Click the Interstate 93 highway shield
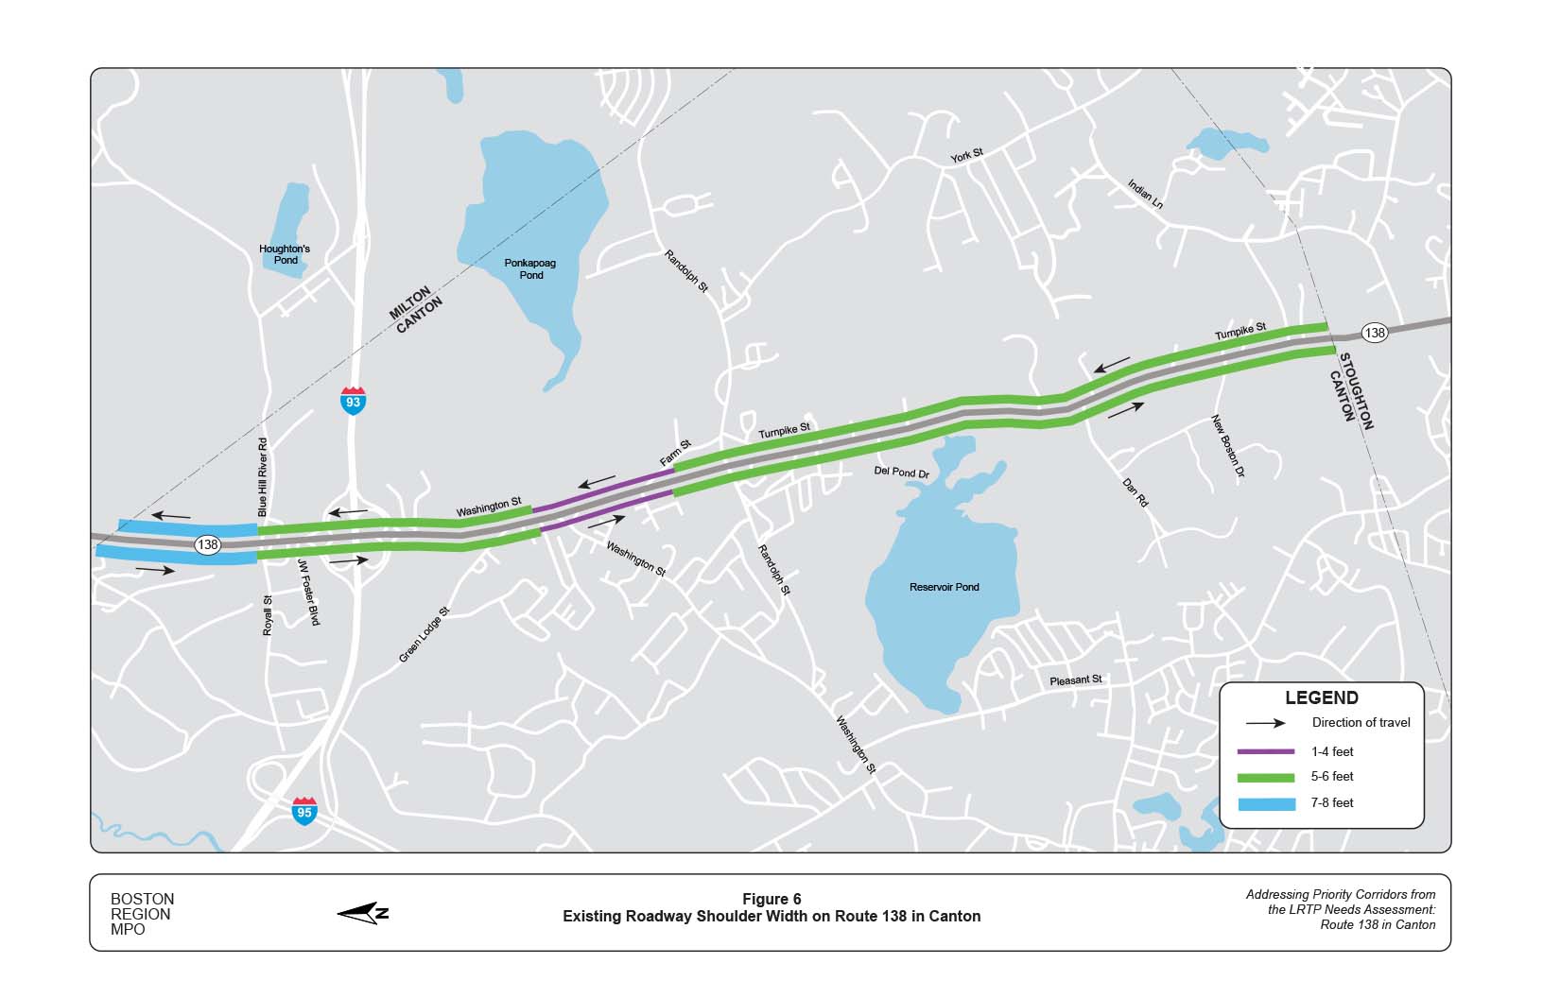(353, 401)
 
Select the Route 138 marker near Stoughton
(1375, 333)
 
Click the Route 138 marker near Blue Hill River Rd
(208, 544)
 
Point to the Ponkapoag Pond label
(531, 269)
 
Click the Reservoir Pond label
(944, 587)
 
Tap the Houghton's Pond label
(285, 254)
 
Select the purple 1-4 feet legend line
(1265, 752)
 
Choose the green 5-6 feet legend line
(1265, 777)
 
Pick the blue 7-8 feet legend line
(1265, 803)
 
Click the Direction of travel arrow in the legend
(1265, 723)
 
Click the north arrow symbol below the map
(363, 913)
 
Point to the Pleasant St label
(1076, 680)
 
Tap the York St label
(967, 154)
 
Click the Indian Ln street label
(1145, 194)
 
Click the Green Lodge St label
(424, 634)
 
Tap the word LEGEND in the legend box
(1321, 698)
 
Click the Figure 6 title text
(771, 899)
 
